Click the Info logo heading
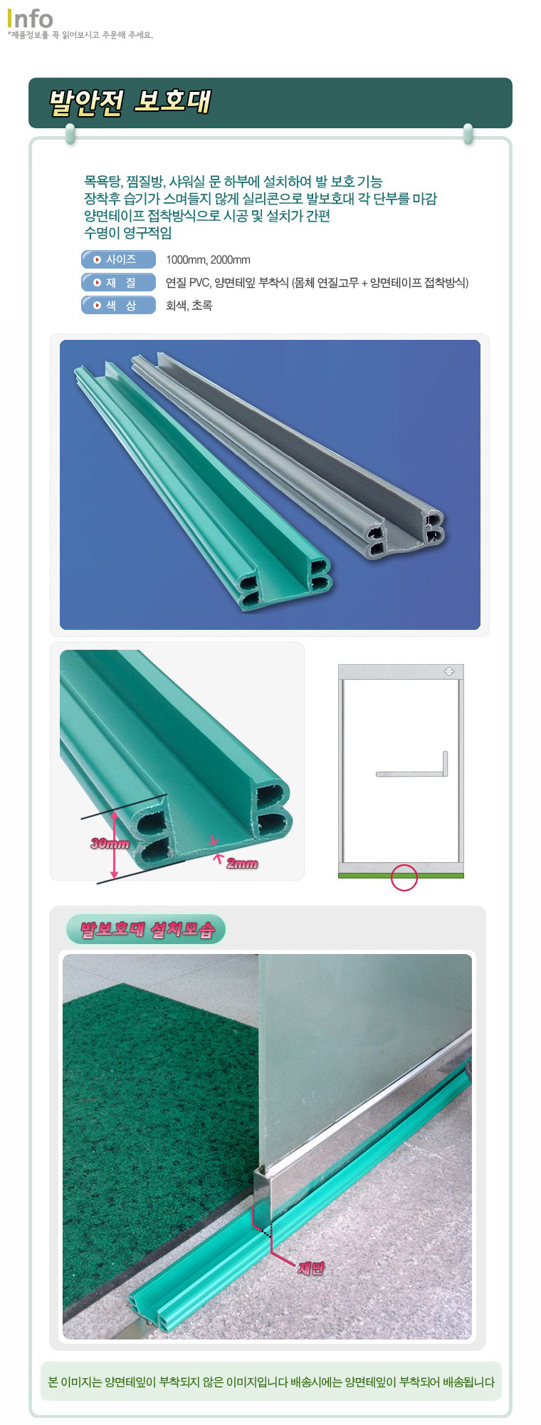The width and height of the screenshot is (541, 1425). [30, 19]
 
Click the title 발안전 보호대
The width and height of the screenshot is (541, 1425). [130, 102]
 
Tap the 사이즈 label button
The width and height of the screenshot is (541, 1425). [118, 259]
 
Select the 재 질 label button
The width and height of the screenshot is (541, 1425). [118, 282]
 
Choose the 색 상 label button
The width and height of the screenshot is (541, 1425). [118, 305]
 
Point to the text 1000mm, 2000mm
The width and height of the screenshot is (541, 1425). [208, 260]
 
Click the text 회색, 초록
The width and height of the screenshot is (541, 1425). [189, 306]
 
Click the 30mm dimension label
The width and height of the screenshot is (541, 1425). [110, 844]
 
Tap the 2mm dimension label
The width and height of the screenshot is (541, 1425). [242, 864]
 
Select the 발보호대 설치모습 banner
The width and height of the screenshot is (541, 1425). [146, 929]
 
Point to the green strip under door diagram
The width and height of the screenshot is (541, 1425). [401, 875]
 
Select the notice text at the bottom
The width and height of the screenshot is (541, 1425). [270, 1382]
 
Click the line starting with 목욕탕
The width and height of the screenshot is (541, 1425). [233, 182]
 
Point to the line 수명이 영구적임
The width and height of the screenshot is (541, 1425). [128, 233]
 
